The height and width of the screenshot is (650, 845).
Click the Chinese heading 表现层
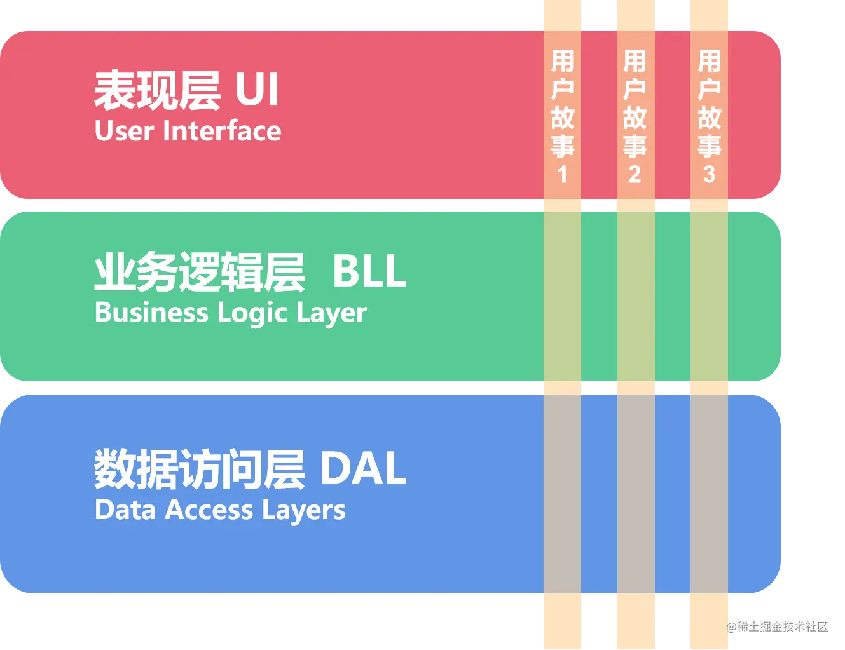click(x=156, y=90)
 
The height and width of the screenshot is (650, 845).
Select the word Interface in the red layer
click(x=222, y=131)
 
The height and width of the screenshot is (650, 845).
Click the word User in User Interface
click(x=124, y=131)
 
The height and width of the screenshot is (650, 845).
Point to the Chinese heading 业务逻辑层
click(x=199, y=272)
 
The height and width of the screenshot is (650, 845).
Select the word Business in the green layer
click(x=151, y=313)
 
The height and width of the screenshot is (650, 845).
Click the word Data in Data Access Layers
click(x=125, y=510)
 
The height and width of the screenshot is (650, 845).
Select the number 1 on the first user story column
click(x=562, y=174)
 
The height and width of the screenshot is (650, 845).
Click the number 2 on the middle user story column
click(x=635, y=174)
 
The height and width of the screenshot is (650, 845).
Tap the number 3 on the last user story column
click(x=710, y=174)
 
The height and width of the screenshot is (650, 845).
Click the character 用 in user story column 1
click(x=563, y=62)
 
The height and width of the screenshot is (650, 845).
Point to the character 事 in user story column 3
click(x=710, y=146)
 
